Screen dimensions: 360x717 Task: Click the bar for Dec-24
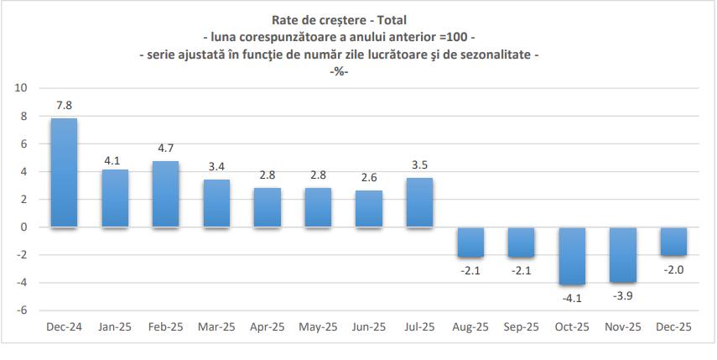(64, 173)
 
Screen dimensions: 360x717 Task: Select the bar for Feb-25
(165, 194)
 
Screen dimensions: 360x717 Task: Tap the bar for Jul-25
(419, 202)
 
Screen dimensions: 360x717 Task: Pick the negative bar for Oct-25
(572, 255)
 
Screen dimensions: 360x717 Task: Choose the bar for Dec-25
(673, 241)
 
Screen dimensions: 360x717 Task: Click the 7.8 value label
(64, 106)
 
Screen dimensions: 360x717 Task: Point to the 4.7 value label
(165, 149)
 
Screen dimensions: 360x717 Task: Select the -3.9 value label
(623, 295)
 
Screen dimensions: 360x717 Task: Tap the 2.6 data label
(368, 178)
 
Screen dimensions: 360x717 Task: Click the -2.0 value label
(673, 269)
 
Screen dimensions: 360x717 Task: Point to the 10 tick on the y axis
(21, 88)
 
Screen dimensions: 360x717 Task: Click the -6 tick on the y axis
(23, 310)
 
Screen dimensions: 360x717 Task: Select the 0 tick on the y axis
(24, 227)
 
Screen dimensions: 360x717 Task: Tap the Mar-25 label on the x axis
(216, 328)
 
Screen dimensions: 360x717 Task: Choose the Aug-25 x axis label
(470, 328)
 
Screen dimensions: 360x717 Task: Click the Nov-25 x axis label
(623, 328)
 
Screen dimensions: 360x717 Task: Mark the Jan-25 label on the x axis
(115, 328)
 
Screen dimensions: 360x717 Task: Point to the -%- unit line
(338, 71)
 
